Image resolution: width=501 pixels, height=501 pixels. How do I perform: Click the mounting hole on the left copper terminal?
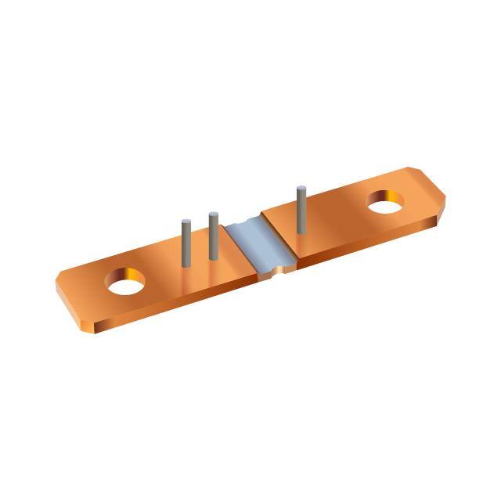(x=126, y=282)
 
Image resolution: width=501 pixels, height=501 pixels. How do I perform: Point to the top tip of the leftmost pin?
(x=186, y=222)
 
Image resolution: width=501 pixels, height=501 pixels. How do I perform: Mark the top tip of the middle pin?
(x=212, y=214)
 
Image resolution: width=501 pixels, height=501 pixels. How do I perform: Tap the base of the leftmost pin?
(x=186, y=264)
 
